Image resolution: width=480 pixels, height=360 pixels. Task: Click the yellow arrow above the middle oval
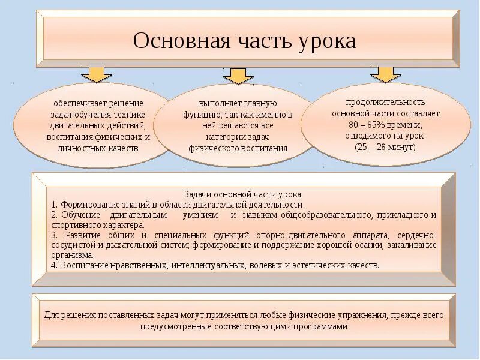coord(238,75)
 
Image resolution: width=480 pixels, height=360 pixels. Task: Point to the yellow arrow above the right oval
coord(385,73)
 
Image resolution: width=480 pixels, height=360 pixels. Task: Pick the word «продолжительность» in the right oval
coord(385,102)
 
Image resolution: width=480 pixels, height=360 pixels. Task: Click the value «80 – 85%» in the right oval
coord(367,125)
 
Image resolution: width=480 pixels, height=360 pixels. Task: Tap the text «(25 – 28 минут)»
coord(385,147)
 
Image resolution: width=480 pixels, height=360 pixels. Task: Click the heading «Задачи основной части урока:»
coord(243,194)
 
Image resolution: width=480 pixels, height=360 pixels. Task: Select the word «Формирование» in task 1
coord(86,205)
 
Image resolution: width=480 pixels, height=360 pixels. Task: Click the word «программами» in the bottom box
coord(319,327)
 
